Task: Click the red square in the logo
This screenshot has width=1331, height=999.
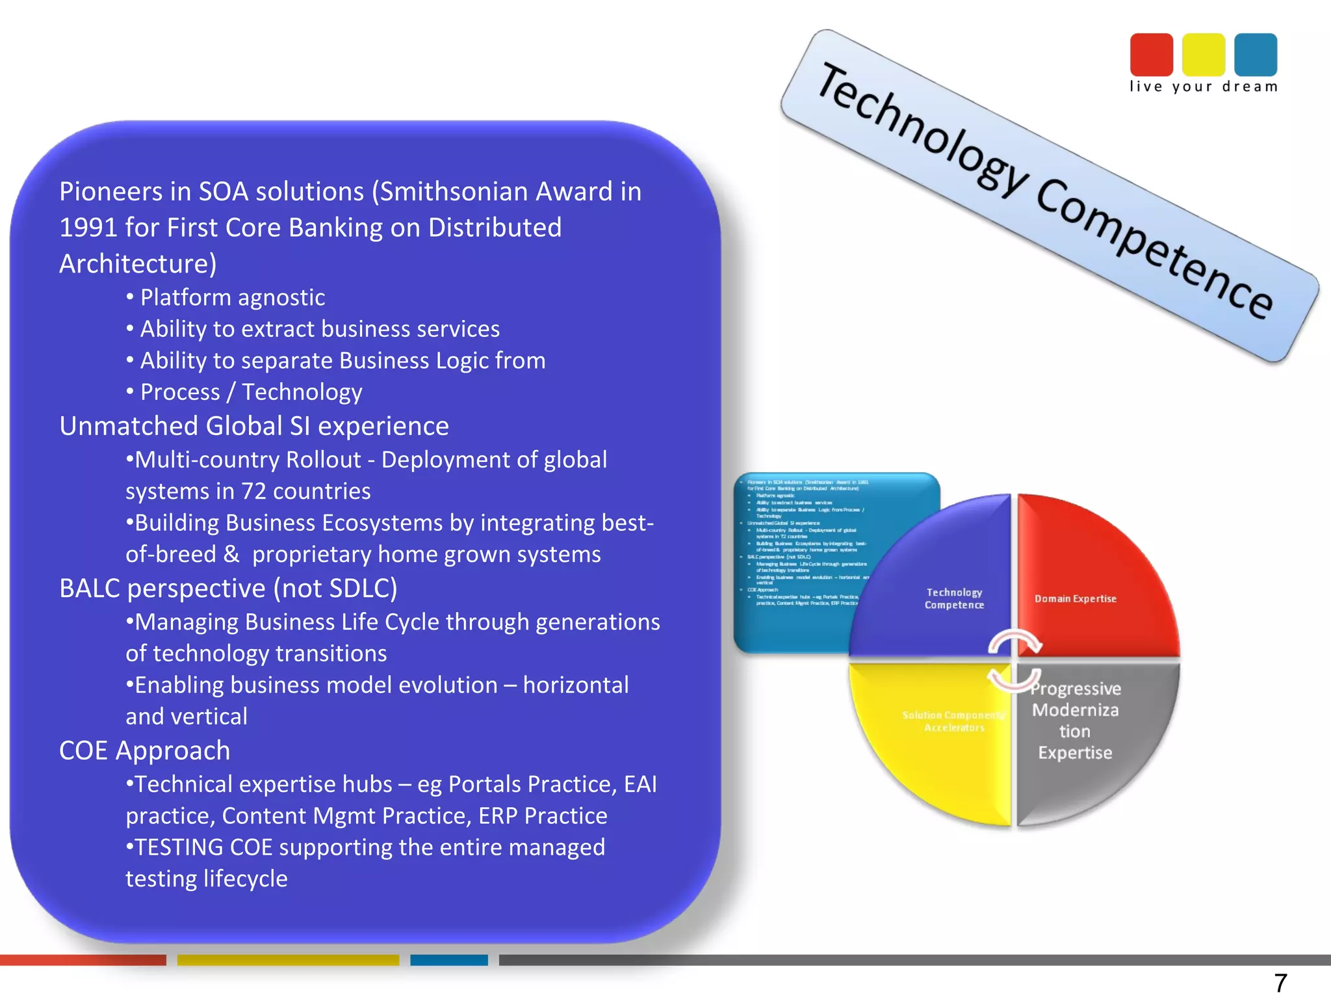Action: click(x=1151, y=55)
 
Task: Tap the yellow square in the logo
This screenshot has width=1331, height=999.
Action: click(x=1203, y=55)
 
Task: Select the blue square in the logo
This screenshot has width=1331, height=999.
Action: click(x=1255, y=55)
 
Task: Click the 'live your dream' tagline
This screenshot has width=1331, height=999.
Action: click(x=1203, y=87)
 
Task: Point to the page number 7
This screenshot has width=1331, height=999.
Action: click(x=1280, y=982)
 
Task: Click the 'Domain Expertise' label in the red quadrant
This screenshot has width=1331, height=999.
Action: click(x=1075, y=598)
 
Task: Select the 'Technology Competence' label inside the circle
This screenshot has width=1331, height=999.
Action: click(x=954, y=598)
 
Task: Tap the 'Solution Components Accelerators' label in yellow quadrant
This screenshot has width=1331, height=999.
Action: click(x=953, y=721)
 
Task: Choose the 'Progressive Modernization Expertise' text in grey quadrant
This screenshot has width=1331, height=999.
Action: click(x=1075, y=721)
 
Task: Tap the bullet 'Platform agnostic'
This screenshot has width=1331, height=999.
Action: click(x=232, y=298)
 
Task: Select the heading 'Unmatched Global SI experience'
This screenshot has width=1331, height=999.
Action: click(x=254, y=426)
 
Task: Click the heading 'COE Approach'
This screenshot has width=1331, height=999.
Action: click(x=144, y=751)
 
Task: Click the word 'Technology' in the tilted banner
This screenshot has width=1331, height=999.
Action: click(x=923, y=130)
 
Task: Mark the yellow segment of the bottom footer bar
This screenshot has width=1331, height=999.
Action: click(x=288, y=960)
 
